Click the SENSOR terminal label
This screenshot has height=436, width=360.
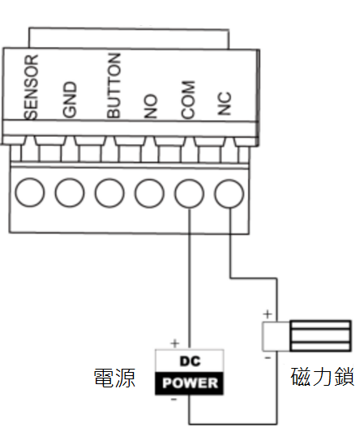click(31, 87)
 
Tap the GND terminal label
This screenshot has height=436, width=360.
click(70, 99)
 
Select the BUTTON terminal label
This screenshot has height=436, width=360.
click(114, 86)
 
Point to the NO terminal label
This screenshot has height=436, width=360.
click(151, 106)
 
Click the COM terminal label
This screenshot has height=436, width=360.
click(188, 100)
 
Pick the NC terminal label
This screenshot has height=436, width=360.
click(225, 104)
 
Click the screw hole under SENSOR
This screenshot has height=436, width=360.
click(29, 193)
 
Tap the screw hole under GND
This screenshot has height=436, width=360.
click(70, 193)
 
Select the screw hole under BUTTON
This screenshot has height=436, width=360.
click(109, 193)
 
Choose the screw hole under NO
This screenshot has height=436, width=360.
click(149, 193)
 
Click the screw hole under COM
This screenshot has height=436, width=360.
click(189, 194)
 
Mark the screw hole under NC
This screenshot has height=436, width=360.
click(229, 194)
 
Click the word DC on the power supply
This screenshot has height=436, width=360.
click(191, 361)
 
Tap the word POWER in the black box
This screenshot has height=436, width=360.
click(190, 383)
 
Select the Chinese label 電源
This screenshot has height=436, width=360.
click(114, 378)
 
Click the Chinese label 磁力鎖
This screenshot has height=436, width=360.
click(323, 377)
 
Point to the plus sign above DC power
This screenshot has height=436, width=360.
click(175, 344)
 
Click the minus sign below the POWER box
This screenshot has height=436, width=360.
click(174, 400)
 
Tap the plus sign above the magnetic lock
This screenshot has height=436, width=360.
click(268, 314)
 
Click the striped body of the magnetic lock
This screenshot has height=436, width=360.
click(320, 336)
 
